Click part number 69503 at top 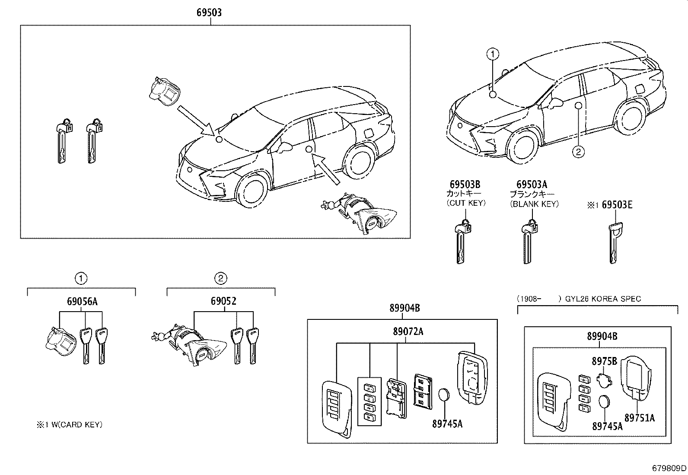209,13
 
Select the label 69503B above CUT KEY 465,185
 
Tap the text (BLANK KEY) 534,204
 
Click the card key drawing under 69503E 614,242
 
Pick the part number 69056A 82,302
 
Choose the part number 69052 223,301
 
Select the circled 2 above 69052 220,278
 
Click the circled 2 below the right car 578,152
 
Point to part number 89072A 408,332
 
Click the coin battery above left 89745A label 445,395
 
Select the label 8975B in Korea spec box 604,360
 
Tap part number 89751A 640,418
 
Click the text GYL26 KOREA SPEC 603,299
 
